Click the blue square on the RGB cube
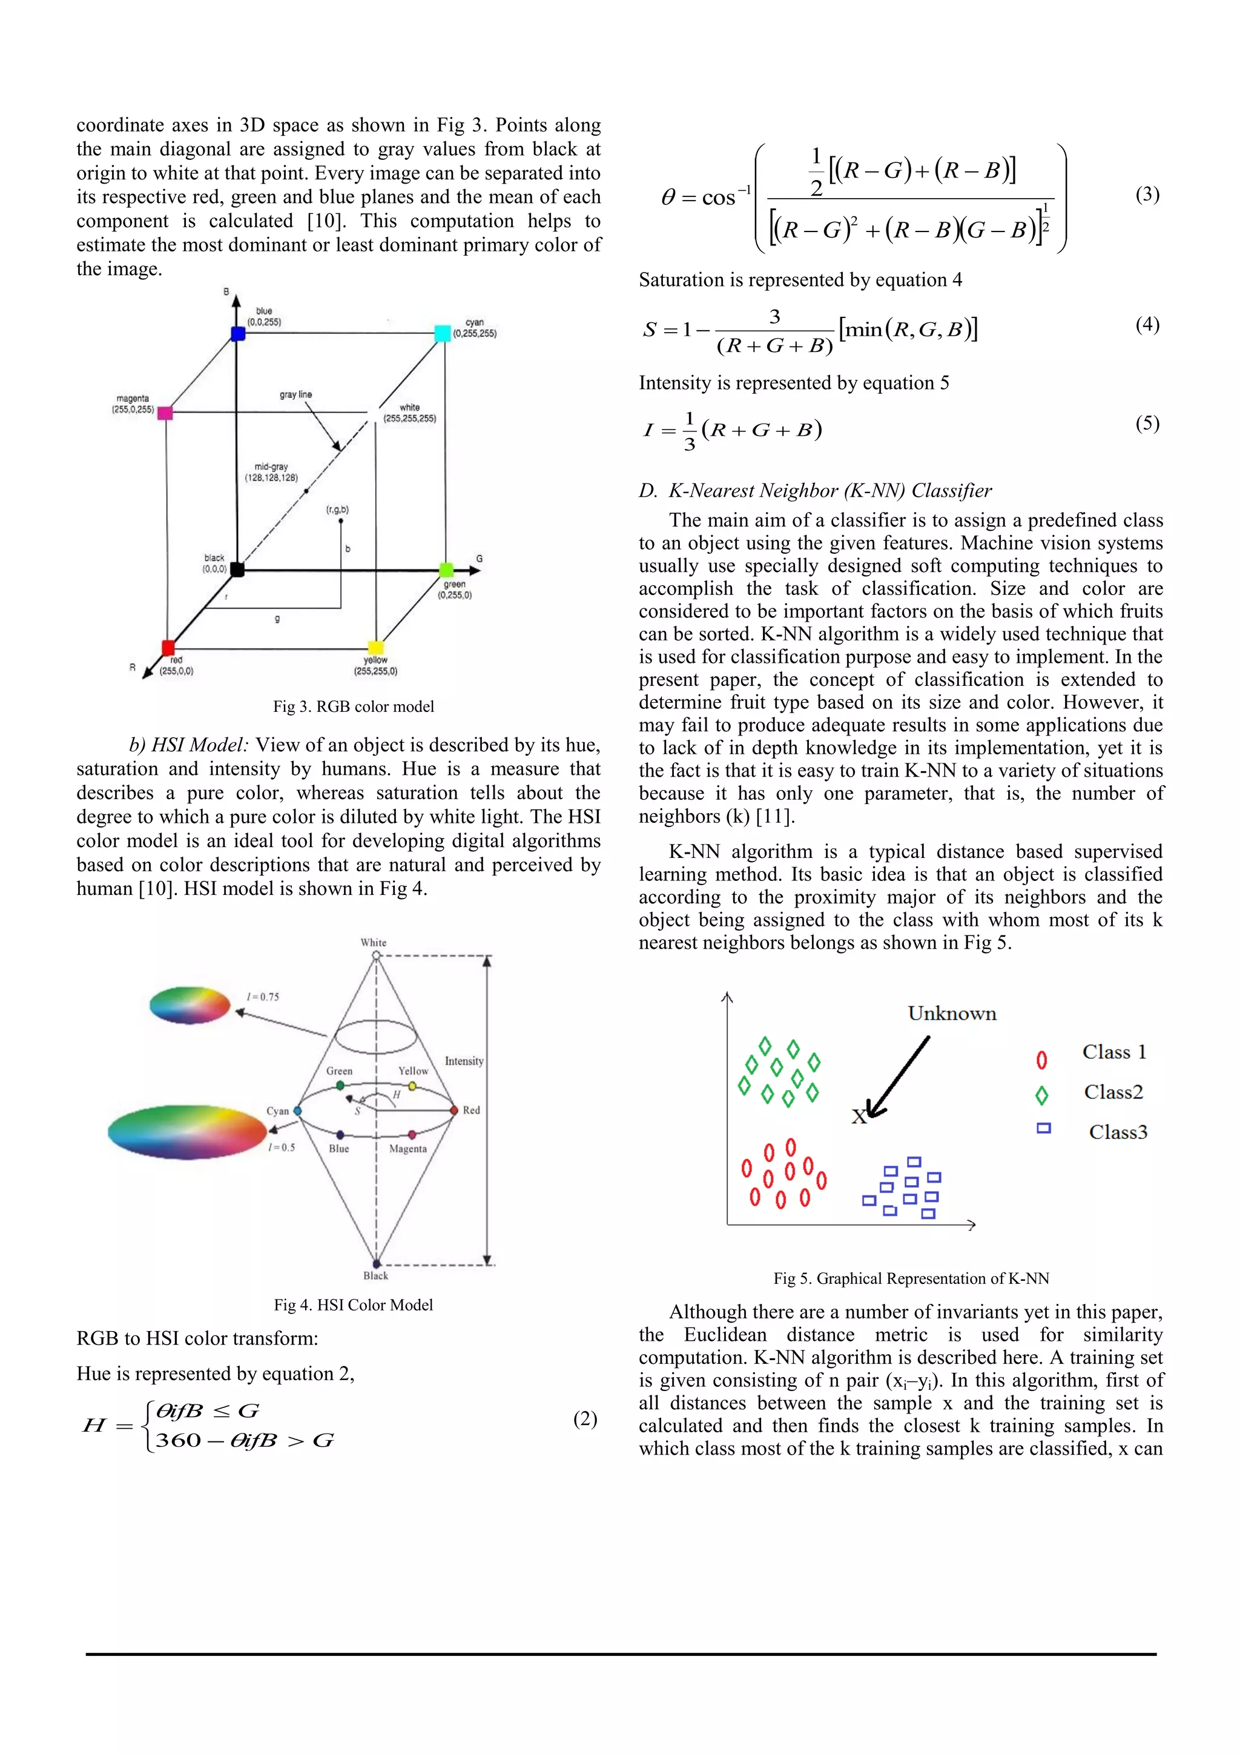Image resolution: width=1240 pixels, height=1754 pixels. tap(237, 334)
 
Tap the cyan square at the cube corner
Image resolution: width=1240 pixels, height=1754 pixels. tap(442, 333)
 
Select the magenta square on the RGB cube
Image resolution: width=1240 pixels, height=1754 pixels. tap(165, 413)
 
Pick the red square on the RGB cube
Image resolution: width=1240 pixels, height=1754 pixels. tap(168, 648)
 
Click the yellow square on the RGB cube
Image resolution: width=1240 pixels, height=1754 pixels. tap(375, 647)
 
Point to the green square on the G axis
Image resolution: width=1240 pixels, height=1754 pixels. tap(447, 570)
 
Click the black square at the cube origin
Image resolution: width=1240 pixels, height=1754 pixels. tap(237, 569)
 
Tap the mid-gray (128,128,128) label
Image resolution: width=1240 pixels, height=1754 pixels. tap(271, 472)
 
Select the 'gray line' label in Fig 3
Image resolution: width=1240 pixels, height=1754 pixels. tap(295, 394)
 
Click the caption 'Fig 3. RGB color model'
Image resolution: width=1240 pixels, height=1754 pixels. tap(354, 706)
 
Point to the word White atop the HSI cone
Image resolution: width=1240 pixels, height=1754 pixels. tap(374, 943)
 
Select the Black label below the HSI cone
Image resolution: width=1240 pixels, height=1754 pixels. tap(375, 1276)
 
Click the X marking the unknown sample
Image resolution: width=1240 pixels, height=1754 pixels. tap(859, 1117)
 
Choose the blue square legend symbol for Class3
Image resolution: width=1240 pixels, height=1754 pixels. tap(1044, 1128)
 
